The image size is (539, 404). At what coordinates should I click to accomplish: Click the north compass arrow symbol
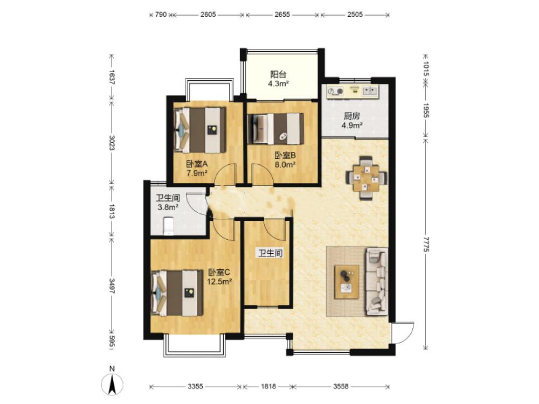[x=112, y=385]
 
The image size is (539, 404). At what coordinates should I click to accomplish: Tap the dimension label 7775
[x=426, y=244]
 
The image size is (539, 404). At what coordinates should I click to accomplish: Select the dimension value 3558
[x=341, y=386]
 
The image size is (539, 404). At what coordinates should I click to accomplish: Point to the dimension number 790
[x=161, y=15]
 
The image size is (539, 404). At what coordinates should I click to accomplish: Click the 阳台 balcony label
[x=279, y=74]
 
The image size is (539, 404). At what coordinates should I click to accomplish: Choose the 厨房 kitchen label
[x=351, y=116]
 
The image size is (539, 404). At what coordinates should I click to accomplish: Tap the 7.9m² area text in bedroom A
[x=197, y=173]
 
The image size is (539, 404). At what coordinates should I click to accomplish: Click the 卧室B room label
[x=285, y=156]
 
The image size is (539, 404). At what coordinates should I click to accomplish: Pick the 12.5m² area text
[x=219, y=282]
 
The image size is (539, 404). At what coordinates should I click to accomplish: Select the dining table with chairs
[x=367, y=178]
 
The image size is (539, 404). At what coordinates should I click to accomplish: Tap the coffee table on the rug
[x=347, y=281]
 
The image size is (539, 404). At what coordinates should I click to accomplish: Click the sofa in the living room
[x=377, y=281]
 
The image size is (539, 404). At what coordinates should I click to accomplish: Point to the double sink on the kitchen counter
[x=370, y=91]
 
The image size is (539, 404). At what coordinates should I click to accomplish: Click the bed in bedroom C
[x=177, y=292]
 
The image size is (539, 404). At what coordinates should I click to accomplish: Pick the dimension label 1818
[x=268, y=386]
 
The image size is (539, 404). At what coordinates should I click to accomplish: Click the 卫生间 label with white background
[x=270, y=254]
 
